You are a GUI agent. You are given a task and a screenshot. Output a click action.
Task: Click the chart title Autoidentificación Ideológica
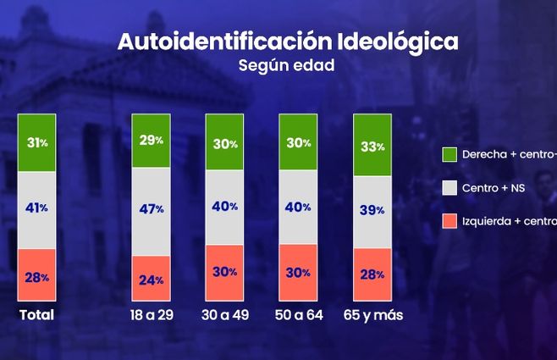[289, 42]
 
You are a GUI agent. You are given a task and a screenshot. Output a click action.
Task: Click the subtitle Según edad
[289, 64]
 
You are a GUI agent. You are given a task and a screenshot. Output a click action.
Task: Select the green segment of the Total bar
[37, 142]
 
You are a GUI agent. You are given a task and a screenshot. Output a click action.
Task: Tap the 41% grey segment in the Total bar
[37, 208]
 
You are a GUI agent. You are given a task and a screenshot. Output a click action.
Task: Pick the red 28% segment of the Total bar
[37, 274]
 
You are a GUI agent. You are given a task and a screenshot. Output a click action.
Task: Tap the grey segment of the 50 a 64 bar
[299, 207]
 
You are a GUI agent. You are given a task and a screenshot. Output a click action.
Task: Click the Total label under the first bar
[36, 315]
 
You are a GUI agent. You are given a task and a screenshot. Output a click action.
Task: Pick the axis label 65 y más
[372, 315]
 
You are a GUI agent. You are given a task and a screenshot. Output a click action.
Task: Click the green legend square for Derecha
[450, 155]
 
